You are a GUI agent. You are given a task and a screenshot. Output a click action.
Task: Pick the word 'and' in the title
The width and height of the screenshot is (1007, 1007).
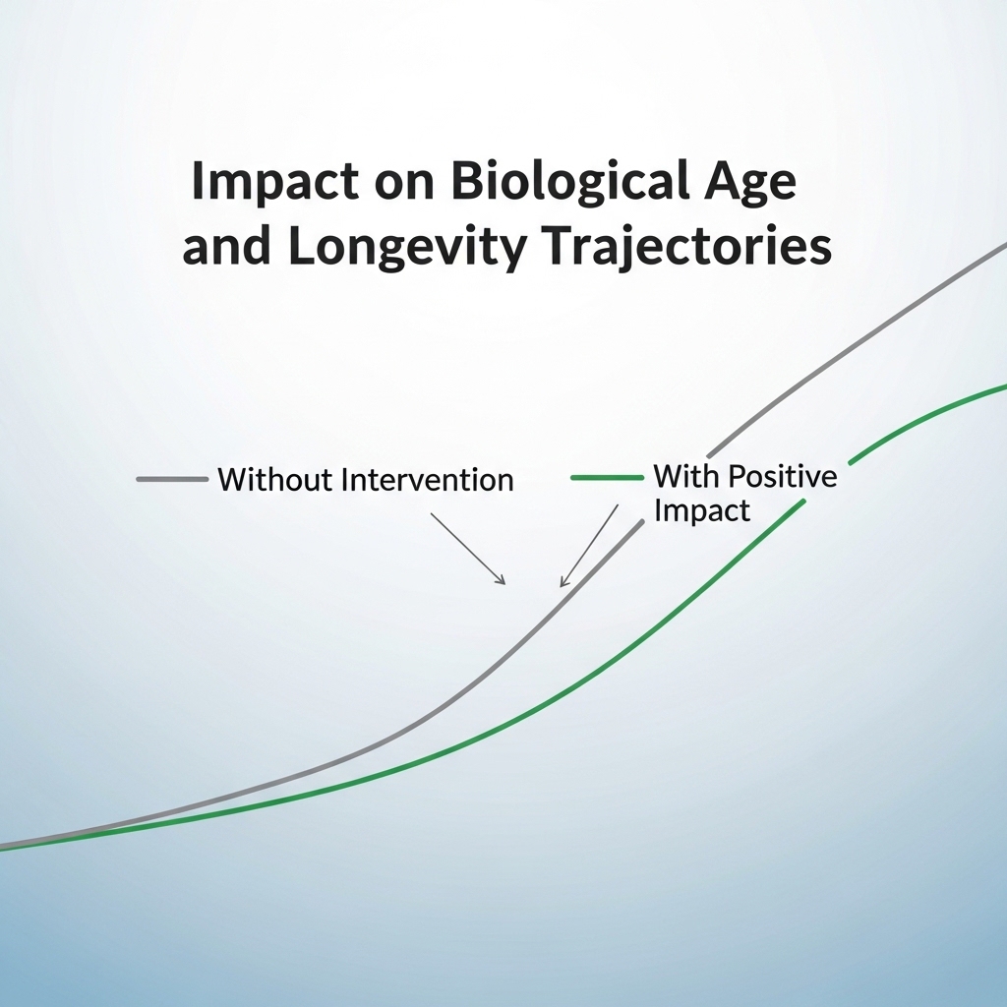point(226,247)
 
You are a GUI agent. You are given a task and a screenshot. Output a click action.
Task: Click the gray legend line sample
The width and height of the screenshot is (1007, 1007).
point(172,479)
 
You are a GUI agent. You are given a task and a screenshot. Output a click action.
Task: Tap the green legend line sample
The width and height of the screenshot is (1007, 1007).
point(607,477)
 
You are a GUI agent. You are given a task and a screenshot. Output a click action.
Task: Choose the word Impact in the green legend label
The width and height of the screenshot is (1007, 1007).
point(702,511)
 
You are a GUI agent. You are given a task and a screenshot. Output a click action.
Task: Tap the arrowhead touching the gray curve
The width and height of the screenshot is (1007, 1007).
point(563,581)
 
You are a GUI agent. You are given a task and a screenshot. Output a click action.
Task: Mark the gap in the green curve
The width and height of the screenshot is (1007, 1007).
point(827,481)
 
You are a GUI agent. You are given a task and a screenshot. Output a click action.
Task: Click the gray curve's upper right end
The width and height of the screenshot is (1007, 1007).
point(1006,245)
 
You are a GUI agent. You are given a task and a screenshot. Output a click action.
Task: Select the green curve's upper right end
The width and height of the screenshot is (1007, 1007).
point(1006,385)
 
